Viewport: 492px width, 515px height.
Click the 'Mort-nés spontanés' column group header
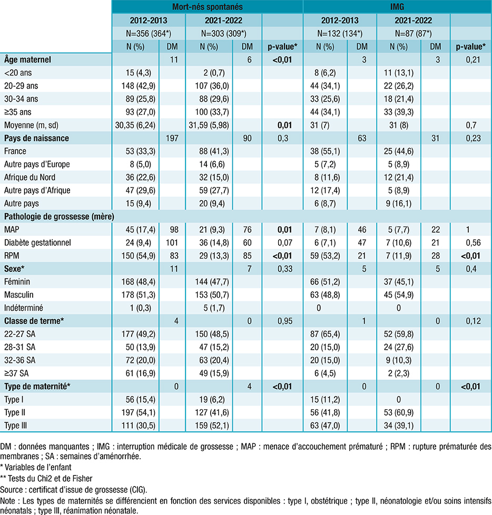208,7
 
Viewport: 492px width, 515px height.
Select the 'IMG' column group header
397,7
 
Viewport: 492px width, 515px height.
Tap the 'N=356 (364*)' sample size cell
149,34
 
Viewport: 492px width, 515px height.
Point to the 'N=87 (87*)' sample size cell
413,34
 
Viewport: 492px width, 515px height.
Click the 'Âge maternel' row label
27,60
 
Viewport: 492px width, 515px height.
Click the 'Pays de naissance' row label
36,138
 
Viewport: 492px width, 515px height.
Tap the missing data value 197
172,138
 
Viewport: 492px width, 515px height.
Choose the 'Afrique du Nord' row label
29,177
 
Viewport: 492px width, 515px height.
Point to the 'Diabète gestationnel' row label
37,243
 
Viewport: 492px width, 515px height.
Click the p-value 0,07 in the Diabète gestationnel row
284,243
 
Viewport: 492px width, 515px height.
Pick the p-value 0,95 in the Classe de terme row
284,321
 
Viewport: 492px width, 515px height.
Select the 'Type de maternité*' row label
37,387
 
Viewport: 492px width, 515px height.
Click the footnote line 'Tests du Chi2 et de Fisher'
46,479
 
